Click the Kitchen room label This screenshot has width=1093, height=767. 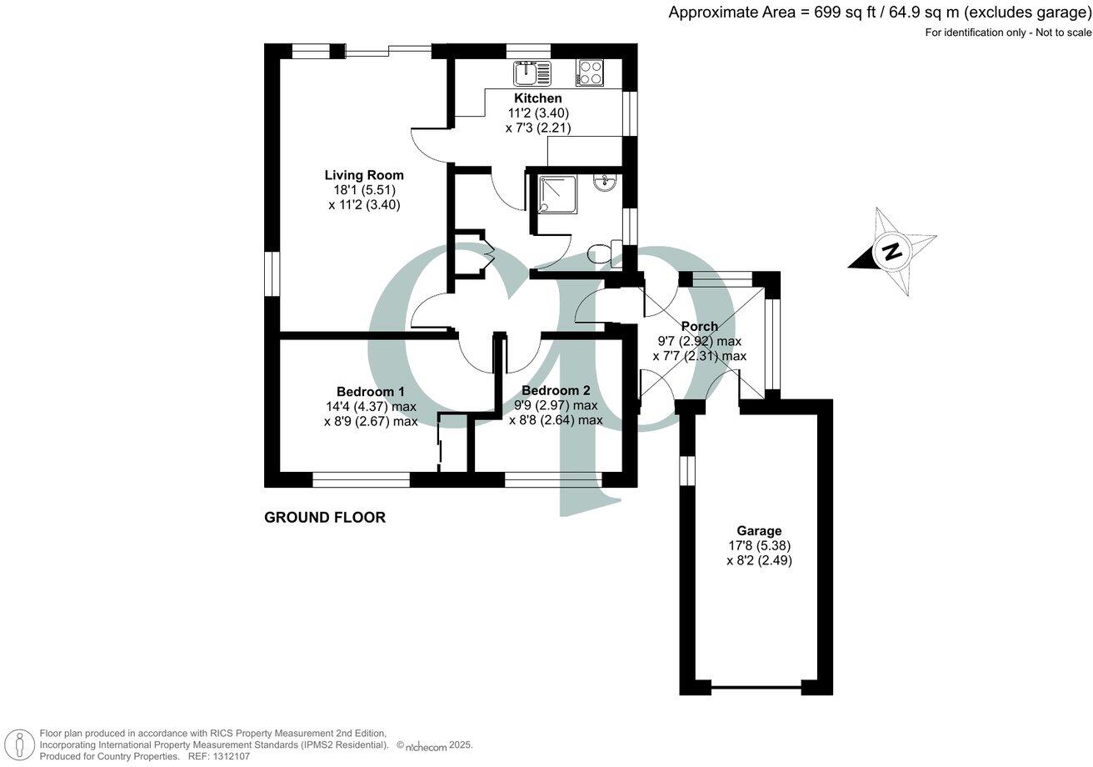tap(537, 98)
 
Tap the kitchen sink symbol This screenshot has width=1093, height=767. tap(532, 74)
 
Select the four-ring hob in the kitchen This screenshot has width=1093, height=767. tap(590, 73)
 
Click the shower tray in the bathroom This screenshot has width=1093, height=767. tap(555, 193)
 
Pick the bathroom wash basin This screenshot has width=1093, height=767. tap(604, 182)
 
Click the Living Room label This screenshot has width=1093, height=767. tap(364, 175)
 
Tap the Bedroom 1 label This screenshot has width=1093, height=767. tap(371, 392)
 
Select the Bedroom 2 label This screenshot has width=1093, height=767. tap(556, 391)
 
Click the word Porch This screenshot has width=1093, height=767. tap(699, 326)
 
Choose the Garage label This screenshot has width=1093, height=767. tap(759, 531)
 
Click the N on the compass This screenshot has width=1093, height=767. tap(893, 251)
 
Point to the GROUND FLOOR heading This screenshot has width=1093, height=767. tap(325, 518)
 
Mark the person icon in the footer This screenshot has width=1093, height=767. tap(19, 744)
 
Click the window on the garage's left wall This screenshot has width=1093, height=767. tap(686, 470)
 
